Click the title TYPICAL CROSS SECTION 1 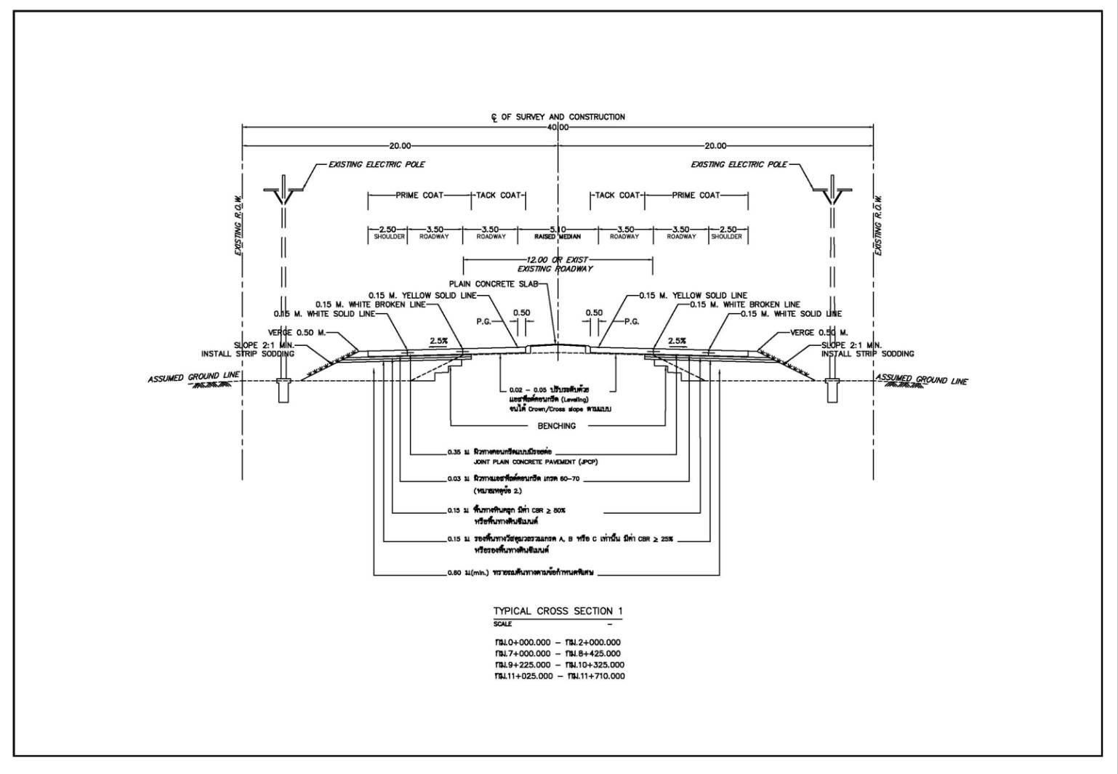(558, 611)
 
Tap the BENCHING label (556, 426)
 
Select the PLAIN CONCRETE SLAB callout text (493, 284)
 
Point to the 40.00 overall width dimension (558, 127)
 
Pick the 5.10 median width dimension (558, 230)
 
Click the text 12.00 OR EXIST (557, 259)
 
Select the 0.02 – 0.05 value (526, 390)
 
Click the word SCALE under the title (502, 624)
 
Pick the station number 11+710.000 (600, 677)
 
